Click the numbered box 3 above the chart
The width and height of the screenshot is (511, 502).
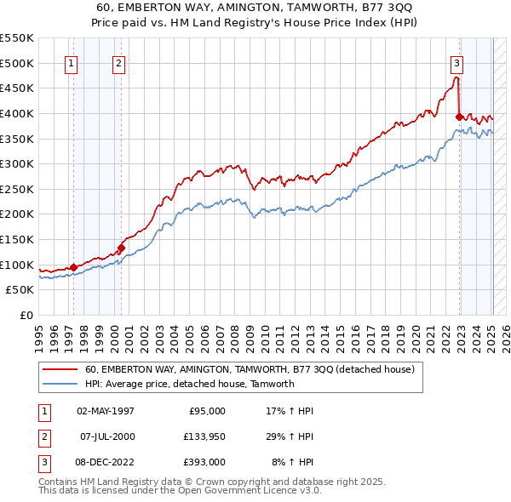456,62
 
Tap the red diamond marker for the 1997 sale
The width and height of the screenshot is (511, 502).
74,267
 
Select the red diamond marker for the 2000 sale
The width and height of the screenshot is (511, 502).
121,248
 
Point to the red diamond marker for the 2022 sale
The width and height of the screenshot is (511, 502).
460,117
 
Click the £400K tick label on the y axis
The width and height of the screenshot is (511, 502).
16,113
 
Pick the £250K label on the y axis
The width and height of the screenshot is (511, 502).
16,189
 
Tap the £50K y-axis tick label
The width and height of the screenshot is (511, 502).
20,290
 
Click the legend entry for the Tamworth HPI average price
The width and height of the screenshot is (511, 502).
189,384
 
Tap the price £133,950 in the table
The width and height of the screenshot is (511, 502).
202,436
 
